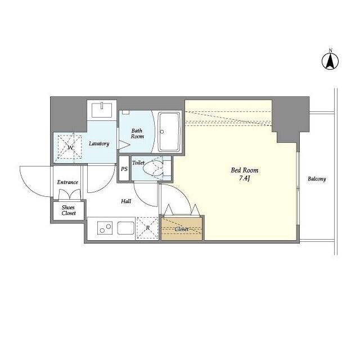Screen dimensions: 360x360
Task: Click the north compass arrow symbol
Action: (330, 61)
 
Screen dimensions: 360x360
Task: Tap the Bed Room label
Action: (245, 170)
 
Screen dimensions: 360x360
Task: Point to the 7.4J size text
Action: (244, 178)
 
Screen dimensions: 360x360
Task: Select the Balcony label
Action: (317, 179)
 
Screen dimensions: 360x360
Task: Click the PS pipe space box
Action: (124, 169)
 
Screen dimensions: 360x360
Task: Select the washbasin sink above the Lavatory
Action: (102, 110)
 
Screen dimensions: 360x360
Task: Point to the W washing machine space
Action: (70, 147)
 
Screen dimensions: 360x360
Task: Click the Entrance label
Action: (67, 182)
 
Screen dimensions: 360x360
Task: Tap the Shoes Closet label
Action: (69, 210)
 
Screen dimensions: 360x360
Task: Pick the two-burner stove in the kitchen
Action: (105, 228)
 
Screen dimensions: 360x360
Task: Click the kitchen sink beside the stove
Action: (125, 228)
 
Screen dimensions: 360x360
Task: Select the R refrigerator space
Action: (147, 228)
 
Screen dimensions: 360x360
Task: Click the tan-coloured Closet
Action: (182, 229)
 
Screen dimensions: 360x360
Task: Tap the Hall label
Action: (126, 201)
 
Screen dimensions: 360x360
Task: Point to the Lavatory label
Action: (99, 144)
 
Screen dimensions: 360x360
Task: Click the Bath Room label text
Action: (137, 134)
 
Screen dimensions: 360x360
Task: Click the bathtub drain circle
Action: (162, 132)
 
